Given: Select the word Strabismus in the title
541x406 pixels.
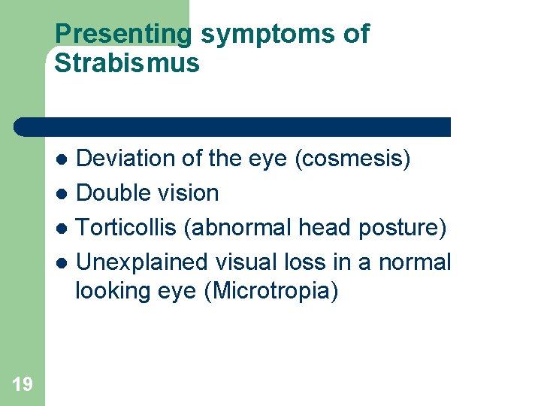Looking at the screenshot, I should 127,64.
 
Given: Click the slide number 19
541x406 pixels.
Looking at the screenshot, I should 23,385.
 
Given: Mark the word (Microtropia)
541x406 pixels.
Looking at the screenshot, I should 271,291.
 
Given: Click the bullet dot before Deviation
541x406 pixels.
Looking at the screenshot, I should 65,159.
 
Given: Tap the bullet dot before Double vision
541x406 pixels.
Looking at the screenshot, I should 65,194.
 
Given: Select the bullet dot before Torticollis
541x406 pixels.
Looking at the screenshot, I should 65,228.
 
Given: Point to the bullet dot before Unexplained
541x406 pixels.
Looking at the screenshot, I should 65,262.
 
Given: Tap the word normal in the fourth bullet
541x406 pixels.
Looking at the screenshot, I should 414,262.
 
